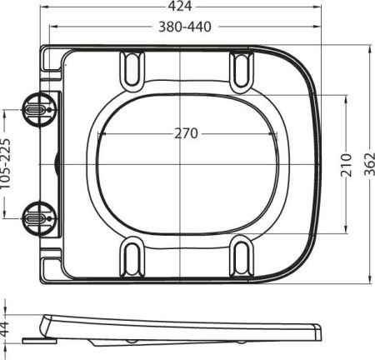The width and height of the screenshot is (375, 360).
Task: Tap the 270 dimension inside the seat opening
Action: click(x=187, y=132)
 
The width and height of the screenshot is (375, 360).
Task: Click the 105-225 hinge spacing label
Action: click(x=7, y=163)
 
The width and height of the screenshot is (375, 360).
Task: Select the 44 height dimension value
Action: click(x=7, y=328)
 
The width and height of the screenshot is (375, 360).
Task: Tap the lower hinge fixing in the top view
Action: click(x=37, y=216)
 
